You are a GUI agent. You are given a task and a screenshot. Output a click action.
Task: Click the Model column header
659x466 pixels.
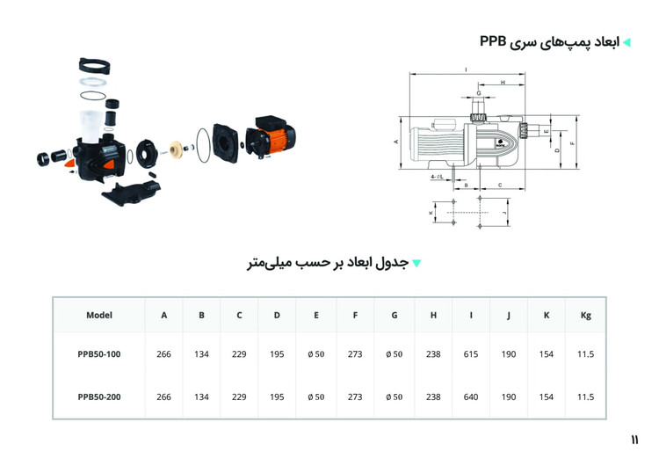tap(99, 315)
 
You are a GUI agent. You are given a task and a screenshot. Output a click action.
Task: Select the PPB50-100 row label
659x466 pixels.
tap(99, 354)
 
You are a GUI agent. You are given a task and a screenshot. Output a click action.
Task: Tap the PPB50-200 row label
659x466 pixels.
tap(99, 397)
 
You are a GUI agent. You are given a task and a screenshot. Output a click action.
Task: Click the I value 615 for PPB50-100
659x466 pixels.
tap(471, 354)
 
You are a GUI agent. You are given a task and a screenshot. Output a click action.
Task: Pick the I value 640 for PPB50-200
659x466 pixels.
tap(471, 397)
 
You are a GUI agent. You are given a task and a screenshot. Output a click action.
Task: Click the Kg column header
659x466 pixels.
tap(586, 315)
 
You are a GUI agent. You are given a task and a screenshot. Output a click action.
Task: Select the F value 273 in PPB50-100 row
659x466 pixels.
tap(355, 354)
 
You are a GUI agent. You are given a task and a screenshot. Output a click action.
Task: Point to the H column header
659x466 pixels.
tap(433, 315)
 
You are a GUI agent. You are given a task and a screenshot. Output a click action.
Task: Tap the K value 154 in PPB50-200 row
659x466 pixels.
tap(547, 397)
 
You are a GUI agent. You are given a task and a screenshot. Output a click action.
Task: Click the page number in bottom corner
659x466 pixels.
tap(634, 439)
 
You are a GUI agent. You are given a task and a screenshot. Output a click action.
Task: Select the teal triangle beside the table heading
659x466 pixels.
tap(417, 263)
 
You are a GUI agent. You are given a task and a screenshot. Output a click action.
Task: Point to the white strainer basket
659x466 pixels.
tap(91, 124)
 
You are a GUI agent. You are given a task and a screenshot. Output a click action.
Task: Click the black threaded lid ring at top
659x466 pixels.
tap(94, 65)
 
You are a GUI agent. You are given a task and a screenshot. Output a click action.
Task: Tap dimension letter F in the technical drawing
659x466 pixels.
tap(573, 143)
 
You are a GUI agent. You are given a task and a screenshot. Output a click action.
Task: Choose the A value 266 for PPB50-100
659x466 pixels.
tap(163, 354)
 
